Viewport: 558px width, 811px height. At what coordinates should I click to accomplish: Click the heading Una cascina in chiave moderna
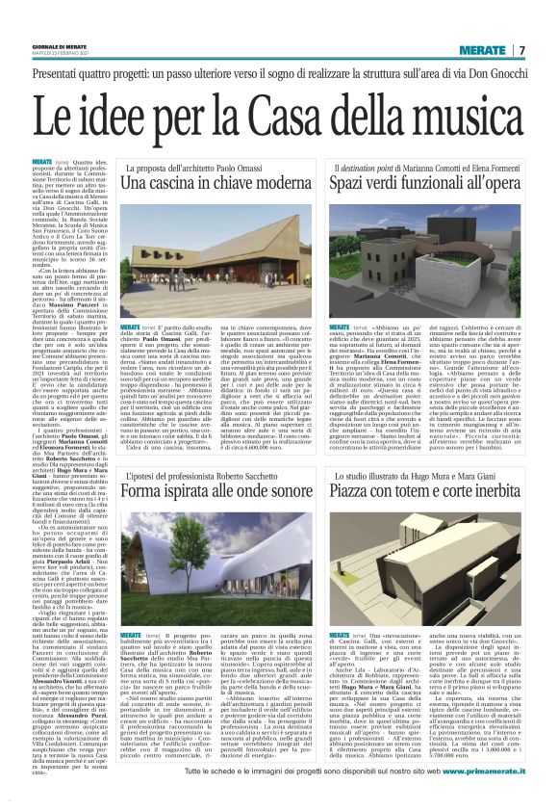[x=222, y=180]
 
